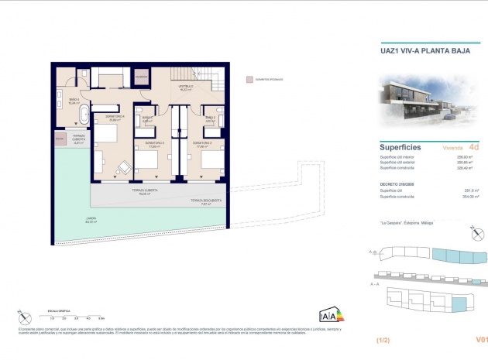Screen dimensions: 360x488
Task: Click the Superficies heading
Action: pos(400,146)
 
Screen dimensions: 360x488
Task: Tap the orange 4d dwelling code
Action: pos(474,146)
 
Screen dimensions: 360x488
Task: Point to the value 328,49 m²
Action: pos(469,167)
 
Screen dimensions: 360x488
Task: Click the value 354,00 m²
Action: pos(469,197)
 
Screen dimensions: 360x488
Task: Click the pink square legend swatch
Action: pos(249,79)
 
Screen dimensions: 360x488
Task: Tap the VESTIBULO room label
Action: pos(186,87)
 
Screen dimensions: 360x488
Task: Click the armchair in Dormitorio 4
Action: pos(123,167)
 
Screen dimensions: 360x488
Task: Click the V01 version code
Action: pos(481,340)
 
